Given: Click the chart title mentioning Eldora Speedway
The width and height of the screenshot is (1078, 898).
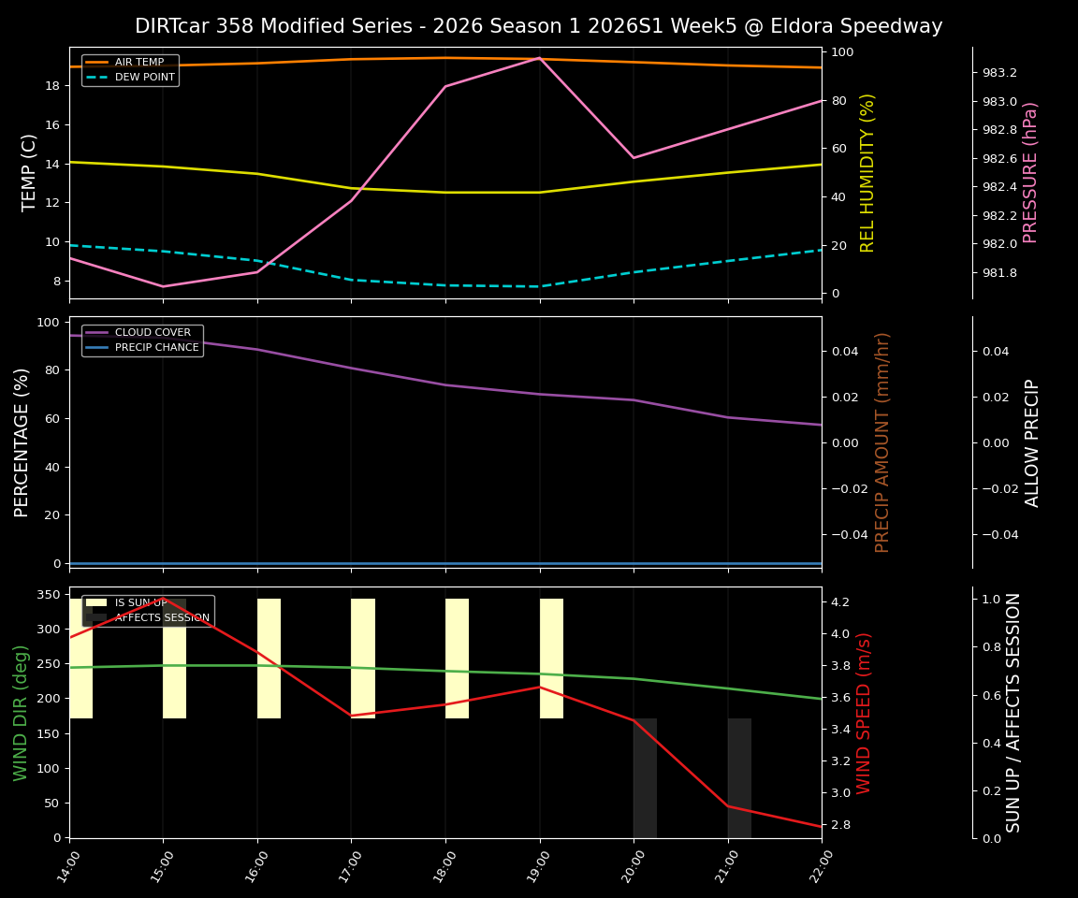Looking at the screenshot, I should coord(538,26).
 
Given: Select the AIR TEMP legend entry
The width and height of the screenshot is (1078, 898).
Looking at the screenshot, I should coord(138,63).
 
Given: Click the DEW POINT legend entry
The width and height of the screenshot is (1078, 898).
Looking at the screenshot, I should coord(144,78).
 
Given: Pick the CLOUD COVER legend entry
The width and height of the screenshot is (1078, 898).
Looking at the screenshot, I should coord(153,333).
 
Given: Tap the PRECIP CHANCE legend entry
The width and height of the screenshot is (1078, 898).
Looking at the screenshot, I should coord(156,348).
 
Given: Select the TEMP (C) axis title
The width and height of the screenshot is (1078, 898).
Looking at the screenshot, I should coord(30,172).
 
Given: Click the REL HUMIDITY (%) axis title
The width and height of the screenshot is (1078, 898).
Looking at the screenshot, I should coord(867,172).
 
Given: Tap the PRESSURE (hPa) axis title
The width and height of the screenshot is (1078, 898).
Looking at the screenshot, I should coord(1030,172).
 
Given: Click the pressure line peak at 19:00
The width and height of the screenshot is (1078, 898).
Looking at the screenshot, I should coord(540,58).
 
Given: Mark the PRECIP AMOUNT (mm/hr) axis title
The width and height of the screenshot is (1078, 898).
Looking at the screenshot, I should coord(882,442).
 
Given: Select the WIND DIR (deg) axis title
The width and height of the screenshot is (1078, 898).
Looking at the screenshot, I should coord(21,713).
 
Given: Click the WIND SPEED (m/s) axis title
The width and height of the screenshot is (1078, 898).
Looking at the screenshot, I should coord(864,713).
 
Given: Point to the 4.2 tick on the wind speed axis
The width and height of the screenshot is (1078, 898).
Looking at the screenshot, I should coord(839,601).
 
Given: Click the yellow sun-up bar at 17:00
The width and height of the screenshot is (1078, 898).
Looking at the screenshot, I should coord(363,659).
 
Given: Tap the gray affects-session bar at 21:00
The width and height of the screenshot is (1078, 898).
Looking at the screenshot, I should coord(739,778).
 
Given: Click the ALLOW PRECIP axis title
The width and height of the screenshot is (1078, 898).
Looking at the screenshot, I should coord(1032,442).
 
